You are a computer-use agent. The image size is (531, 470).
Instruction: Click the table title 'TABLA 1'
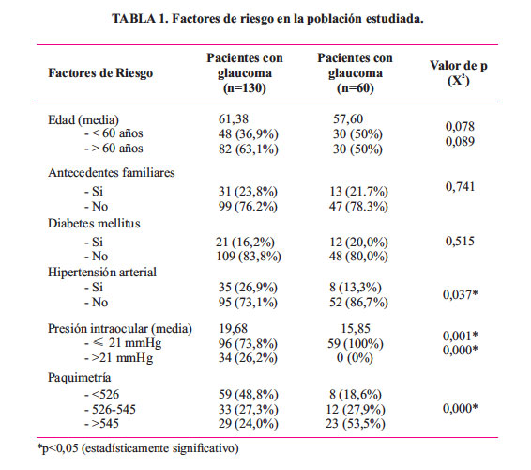[140, 18]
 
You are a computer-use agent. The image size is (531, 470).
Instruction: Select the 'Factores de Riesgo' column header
[100, 73]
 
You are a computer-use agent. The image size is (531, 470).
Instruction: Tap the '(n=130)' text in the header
[245, 88]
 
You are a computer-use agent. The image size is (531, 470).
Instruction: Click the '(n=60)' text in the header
[356, 88]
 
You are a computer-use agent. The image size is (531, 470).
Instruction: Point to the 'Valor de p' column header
[459, 66]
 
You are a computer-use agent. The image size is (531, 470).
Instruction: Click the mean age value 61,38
[234, 119]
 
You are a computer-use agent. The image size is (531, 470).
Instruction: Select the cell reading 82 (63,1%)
[249, 149]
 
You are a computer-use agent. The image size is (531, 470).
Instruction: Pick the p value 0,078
[460, 127]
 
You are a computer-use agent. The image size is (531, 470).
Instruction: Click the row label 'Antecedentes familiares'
[112, 172]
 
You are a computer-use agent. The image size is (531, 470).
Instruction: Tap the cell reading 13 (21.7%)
[358, 192]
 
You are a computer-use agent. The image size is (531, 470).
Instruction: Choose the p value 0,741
[460, 187]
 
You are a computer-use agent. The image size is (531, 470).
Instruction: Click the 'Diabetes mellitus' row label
[94, 224]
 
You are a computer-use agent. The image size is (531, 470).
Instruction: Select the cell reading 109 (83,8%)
[249, 257]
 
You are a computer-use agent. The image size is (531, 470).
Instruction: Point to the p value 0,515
[460, 242]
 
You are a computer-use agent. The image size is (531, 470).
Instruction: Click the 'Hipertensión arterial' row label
[102, 273]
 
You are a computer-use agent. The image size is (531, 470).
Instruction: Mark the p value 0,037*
[461, 294]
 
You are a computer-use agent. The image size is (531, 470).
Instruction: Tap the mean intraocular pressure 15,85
[356, 328]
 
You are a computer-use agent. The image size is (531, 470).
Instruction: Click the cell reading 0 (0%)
[355, 358]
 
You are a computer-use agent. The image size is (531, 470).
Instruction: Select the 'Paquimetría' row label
[79, 377]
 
